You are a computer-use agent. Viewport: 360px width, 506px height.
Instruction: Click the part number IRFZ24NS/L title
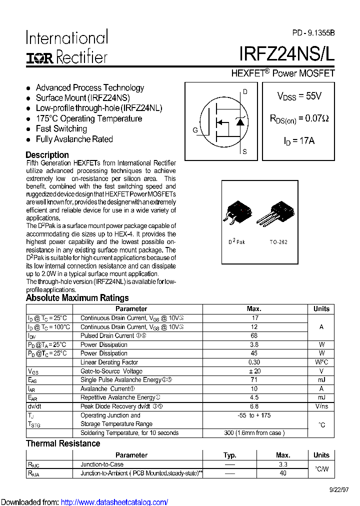tap(286, 54)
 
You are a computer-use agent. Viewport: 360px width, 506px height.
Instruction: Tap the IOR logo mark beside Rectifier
tap(40, 58)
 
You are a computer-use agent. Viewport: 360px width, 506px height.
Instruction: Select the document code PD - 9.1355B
tap(313, 33)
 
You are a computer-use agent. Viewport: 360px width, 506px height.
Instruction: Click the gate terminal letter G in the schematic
tap(195, 130)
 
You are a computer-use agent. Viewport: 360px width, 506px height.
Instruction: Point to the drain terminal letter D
tap(245, 91)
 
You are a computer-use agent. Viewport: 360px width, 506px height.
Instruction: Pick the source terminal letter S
tap(244, 151)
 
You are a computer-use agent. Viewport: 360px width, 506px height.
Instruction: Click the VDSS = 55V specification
tap(299, 96)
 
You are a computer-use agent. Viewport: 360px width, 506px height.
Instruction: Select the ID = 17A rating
tap(299, 141)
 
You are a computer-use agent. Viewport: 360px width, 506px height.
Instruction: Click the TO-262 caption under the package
tap(278, 242)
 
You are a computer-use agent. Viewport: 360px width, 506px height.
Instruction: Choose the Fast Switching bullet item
tap(61, 129)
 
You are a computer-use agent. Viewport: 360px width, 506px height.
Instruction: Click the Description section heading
tap(47, 155)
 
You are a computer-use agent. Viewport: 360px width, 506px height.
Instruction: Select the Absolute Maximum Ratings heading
tap(77, 298)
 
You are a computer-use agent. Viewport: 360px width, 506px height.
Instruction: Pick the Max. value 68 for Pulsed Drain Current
tap(254, 336)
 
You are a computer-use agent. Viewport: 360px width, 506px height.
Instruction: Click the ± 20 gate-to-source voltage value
tap(254, 371)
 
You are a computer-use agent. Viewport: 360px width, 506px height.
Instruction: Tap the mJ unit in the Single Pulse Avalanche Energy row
tap(321, 380)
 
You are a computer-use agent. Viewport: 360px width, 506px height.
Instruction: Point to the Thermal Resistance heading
tap(63, 443)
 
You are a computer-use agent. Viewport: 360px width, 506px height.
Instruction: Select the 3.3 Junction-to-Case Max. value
tap(283, 464)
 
